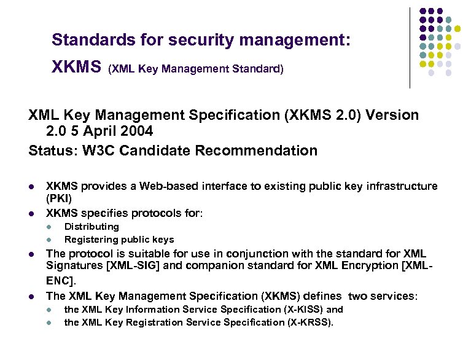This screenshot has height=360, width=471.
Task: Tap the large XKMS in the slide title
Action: [76, 66]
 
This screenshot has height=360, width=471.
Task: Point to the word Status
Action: [49, 149]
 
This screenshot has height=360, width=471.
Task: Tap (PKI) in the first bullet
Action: [59, 198]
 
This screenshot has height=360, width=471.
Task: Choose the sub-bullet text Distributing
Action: [91, 226]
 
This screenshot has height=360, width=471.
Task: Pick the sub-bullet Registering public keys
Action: [119, 240]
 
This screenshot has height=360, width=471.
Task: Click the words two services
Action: [381, 295]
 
